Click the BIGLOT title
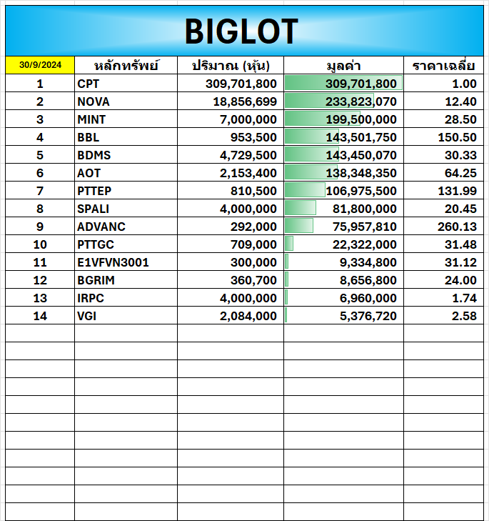tap(241, 31)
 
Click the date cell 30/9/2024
tap(40, 65)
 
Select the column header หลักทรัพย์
tap(117, 66)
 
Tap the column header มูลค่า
tap(343, 66)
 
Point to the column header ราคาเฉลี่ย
tap(444, 66)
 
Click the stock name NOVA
tap(94, 101)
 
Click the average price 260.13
tap(457, 227)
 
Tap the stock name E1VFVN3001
tap(113, 262)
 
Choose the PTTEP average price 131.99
tap(457, 191)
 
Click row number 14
tap(40, 316)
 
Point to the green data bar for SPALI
tap(301, 208)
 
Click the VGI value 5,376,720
tap(368, 316)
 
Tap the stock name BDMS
tap(94, 155)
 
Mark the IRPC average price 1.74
tap(464, 298)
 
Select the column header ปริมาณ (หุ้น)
tap(230, 66)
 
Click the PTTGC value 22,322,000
tap(364, 244)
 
